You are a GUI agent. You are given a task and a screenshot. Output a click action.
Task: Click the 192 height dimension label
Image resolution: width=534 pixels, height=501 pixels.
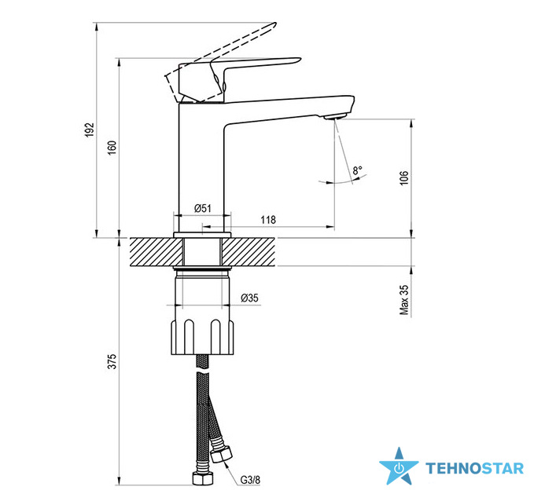(x=89, y=130)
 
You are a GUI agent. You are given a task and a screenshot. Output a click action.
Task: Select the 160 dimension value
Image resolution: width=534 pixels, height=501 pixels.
(x=112, y=148)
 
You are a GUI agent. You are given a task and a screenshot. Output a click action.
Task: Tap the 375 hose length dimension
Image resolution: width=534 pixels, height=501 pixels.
(x=112, y=361)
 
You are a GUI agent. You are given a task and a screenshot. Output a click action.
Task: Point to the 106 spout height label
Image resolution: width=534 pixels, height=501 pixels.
(x=404, y=178)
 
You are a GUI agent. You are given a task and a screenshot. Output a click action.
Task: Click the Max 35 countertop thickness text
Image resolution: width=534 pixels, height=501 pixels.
(x=404, y=300)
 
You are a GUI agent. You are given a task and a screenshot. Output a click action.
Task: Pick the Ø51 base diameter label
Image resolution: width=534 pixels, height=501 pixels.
(x=203, y=208)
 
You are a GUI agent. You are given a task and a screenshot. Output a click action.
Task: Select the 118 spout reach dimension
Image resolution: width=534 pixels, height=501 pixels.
(x=268, y=220)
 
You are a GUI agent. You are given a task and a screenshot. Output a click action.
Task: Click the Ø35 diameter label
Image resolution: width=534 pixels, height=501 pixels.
(x=249, y=298)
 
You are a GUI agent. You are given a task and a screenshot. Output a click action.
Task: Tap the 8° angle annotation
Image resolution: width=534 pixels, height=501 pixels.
(x=357, y=170)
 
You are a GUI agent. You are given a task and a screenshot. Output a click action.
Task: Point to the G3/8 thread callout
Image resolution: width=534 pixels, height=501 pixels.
(x=250, y=480)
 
